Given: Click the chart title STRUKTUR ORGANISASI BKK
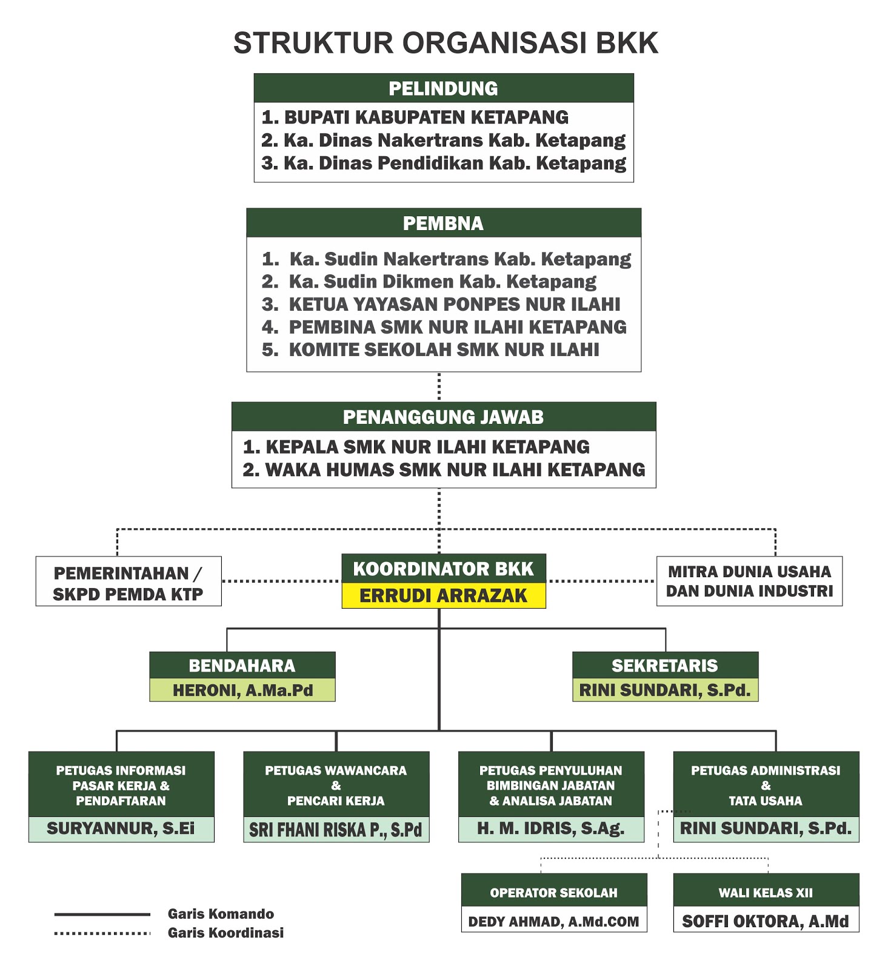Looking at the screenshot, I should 446,44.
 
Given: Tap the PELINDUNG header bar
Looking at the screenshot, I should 444,88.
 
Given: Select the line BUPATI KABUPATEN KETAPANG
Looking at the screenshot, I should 415,117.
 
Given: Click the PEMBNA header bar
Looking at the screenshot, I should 444,223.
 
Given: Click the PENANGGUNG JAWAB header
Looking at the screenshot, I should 444,417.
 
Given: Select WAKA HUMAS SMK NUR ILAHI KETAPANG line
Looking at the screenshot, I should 444,470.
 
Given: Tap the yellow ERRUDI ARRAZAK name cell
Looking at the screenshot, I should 444,596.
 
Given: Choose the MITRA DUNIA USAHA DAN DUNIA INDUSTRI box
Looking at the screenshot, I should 750,581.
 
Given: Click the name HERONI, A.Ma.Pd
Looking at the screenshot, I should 242,690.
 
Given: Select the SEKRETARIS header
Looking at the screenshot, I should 665,666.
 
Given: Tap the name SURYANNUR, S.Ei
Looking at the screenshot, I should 121,828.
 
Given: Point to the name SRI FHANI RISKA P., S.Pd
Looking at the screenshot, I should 336,830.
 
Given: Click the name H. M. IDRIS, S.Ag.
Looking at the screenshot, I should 551,828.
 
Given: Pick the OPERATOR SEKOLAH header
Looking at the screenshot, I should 554,893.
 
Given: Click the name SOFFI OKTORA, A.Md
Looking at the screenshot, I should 766,922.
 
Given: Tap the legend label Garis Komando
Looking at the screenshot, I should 221,914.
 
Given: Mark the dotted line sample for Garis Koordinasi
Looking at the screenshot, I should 102,933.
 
